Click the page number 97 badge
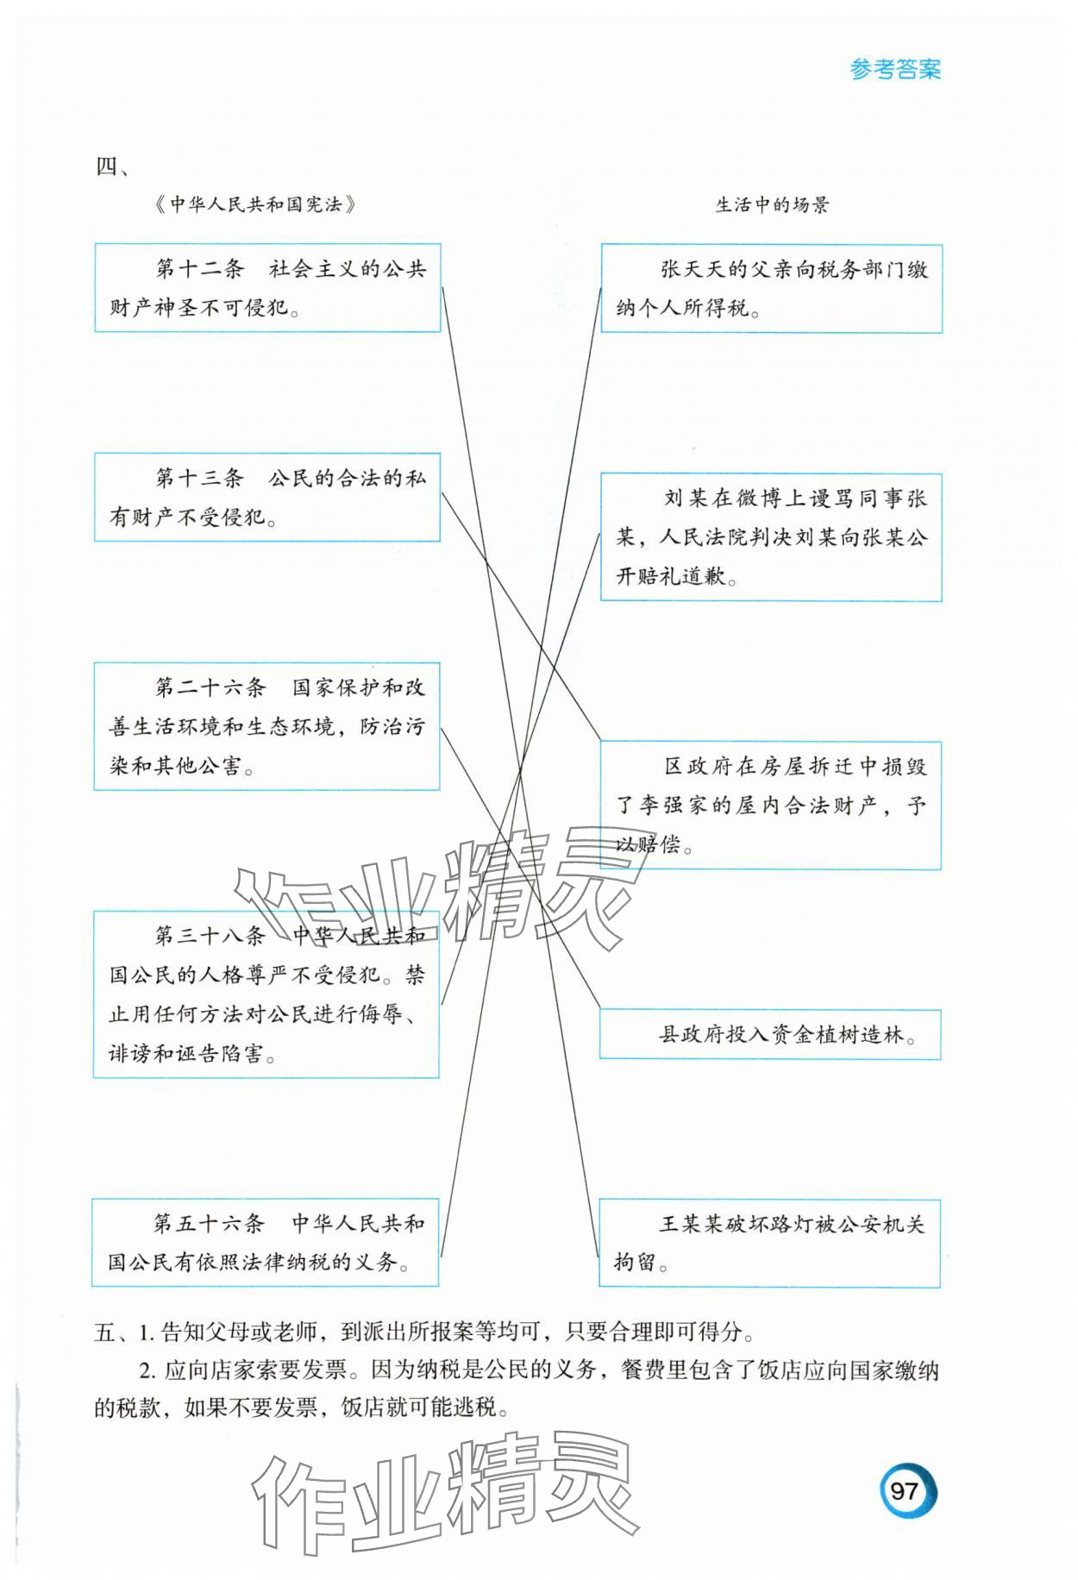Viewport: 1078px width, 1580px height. point(906,1489)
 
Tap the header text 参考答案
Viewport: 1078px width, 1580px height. point(895,70)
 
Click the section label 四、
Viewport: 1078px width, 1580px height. point(112,166)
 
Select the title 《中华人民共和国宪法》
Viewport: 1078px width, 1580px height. point(255,205)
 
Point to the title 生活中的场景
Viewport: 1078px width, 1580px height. point(772,205)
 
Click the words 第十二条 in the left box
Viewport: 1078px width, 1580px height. point(200,269)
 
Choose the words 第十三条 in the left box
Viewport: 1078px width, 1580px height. point(200,478)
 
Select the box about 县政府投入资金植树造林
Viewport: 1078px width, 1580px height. point(770,1035)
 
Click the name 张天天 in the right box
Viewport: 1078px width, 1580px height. point(693,270)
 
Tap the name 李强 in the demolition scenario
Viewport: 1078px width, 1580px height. point(661,806)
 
